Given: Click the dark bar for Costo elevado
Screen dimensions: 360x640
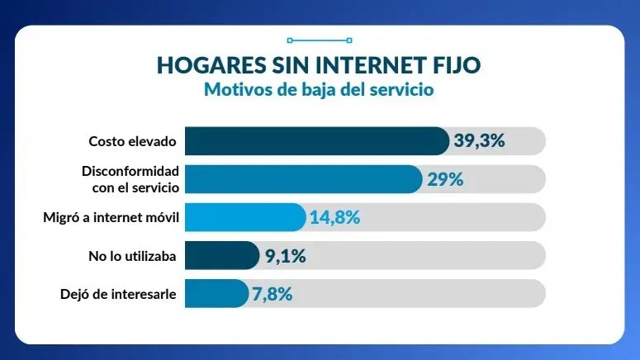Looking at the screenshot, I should (316, 141).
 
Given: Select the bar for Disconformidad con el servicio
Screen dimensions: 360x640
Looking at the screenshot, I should (303, 179).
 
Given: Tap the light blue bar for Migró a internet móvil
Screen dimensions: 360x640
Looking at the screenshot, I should (244, 217).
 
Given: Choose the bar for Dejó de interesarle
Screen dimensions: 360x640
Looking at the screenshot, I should (216, 293).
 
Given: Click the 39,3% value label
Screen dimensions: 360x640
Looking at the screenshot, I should (479, 141).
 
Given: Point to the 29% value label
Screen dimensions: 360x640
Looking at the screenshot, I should (445, 179).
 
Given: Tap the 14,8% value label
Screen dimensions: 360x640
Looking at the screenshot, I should (335, 217).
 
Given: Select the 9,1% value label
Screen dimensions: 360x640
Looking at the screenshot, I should (286, 256).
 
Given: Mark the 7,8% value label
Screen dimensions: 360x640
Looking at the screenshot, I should (273, 293).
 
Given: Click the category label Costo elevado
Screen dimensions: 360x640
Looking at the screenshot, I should (132, 141).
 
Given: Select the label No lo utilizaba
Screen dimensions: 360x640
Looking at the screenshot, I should (132, 256).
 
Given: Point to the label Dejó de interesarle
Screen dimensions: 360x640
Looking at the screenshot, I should (118, 293).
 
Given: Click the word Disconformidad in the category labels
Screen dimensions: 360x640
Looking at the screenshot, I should (130, 171).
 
